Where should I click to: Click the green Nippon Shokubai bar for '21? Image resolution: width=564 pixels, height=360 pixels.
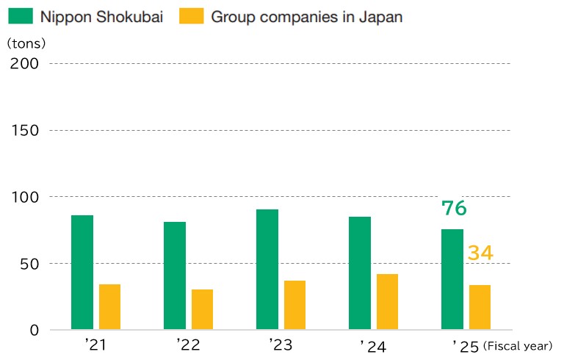click(x=82, y=272)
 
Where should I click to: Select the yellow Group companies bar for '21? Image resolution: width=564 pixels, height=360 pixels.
click(x=109, y=306)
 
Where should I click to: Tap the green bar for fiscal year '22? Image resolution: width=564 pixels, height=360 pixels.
click(x=175, y=276)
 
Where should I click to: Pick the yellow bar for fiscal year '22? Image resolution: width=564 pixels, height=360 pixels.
click(x=202, y=309)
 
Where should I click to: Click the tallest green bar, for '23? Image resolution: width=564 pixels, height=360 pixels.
click(x=267, y=270)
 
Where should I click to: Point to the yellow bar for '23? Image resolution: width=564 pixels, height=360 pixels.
click(x=294, y=305)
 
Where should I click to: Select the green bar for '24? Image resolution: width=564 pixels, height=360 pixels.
click(x=360, y=273)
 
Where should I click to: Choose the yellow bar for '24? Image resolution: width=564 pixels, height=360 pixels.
click(x=388, y=302)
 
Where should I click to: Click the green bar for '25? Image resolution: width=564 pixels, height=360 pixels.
click(x=452, y=279)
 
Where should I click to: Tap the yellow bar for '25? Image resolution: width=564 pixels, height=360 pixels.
click(x=480, y=307)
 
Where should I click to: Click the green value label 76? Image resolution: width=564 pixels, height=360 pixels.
click(x=454, y=208)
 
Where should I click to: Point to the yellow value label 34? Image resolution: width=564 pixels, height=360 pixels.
click(x=480, y=252)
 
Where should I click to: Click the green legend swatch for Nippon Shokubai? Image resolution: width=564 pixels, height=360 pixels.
click(x=21, y=16)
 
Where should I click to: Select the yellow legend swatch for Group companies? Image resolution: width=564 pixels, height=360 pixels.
click(x=192, y=16)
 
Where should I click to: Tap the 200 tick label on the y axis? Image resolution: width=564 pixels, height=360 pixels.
click(x=24, y=64)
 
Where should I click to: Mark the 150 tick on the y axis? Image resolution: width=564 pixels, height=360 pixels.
click(x=25, y=130)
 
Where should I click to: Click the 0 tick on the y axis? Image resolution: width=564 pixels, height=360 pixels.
click(x=35, y=330)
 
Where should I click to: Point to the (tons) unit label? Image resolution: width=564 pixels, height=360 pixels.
click(x=26, y=43)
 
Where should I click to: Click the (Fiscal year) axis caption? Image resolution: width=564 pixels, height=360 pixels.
click(x=518, y=346)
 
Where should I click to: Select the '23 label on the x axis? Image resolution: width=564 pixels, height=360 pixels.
click(x=281, y=345)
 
